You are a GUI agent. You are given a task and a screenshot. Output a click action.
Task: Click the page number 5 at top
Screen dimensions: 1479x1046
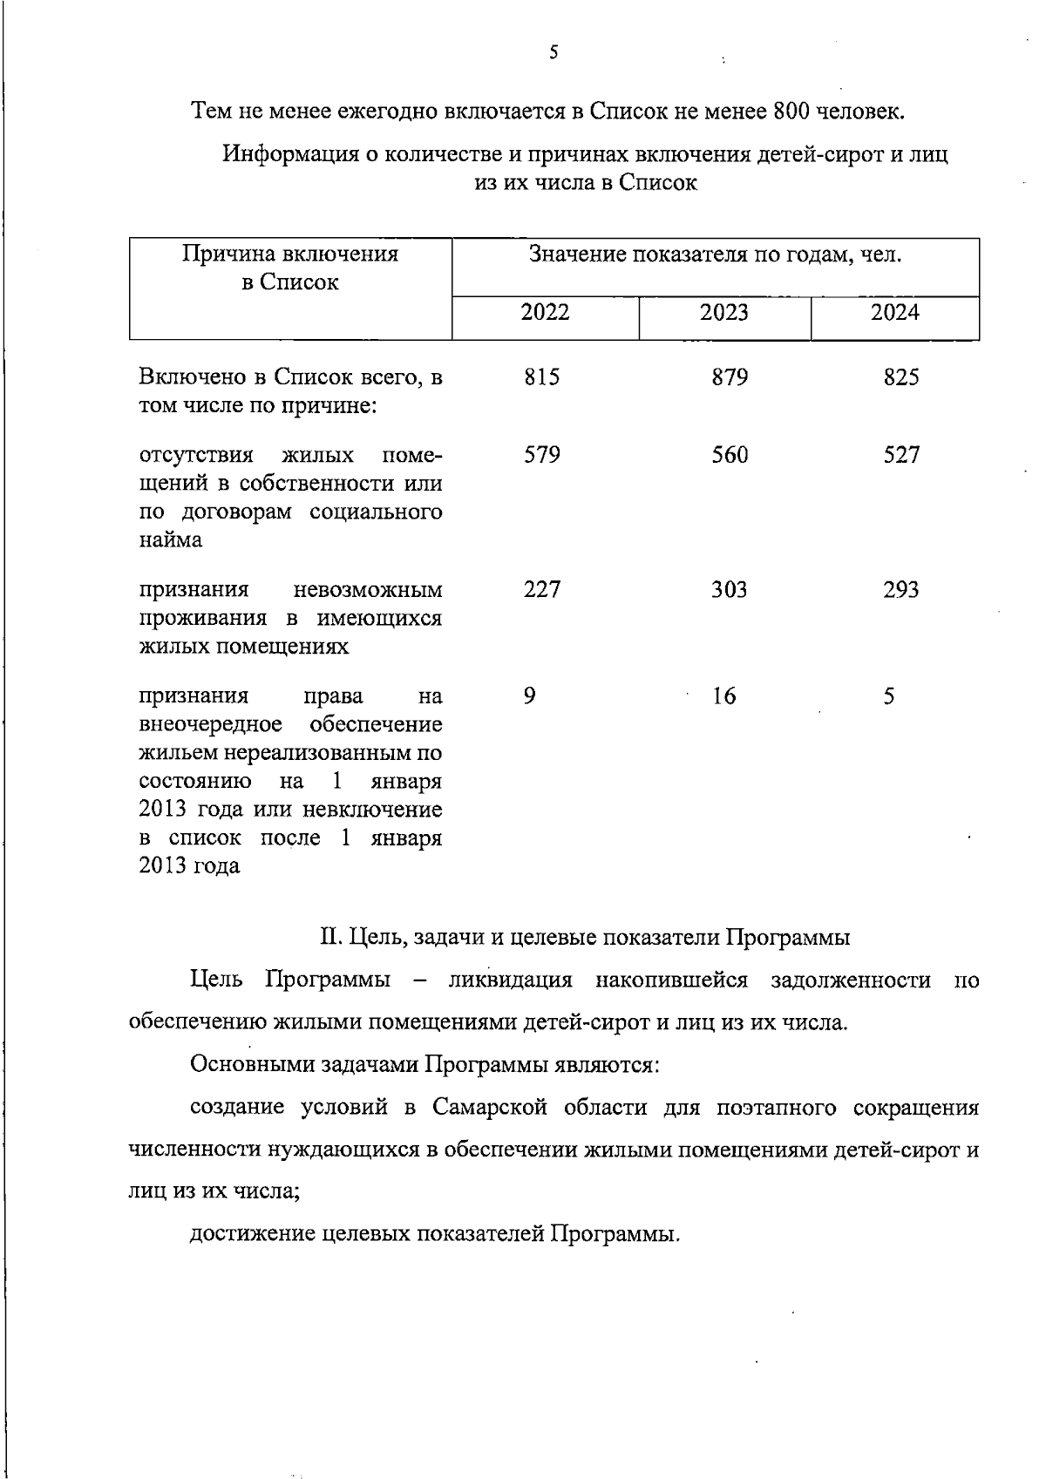[x=554, y=52]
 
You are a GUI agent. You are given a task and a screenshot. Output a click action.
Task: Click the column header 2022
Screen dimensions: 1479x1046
[x=545, y=313]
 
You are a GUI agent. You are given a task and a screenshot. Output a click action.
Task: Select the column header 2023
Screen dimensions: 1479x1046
[x=724, y=313]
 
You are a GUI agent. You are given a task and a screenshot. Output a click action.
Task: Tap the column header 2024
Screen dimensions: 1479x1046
[x=895, y=313]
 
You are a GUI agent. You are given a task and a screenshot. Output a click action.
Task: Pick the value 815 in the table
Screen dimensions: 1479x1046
[x=542, y=377]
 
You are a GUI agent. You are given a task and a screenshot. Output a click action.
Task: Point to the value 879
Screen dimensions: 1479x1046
[x=730, y=377]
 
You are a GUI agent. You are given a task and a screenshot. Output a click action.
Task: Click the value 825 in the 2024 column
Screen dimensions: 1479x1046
[x=901, y=377]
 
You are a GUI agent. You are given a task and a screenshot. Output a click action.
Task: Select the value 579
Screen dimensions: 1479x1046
[x=542, y=455]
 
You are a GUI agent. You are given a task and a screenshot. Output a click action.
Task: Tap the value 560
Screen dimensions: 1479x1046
[x=730, y=455]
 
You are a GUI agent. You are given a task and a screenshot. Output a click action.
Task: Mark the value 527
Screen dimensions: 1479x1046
[x=901, y=455]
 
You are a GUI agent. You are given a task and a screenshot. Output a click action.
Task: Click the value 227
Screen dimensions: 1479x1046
[x=542, y=590]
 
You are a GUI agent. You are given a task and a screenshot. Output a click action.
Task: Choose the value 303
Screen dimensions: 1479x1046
[x=730, y=590]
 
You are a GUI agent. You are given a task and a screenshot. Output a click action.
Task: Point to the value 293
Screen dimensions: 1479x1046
[x=901, y=590]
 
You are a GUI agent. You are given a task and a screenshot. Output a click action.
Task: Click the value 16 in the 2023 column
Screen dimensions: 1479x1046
[x=723, y=696]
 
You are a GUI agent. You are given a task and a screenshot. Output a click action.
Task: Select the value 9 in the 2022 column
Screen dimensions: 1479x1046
[x=530, y=696]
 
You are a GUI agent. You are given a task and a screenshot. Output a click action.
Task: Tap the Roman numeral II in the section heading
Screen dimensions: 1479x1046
[x=330, y=938]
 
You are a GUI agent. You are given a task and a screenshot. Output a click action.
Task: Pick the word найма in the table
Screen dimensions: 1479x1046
[x=171, y=540]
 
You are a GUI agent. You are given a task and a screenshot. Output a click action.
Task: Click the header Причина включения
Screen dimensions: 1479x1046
[x=290, y=254]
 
